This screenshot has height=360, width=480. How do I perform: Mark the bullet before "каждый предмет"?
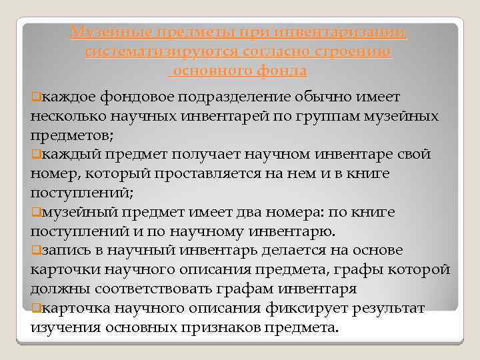point(35,155)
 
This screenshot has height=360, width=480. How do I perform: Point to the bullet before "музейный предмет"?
point(35,212)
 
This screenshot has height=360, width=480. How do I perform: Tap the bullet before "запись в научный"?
point(35,251)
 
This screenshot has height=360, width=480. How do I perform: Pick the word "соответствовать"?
point(159,289)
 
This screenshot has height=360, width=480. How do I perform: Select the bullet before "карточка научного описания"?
point(35,308)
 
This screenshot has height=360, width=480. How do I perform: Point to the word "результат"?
point(385,308)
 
